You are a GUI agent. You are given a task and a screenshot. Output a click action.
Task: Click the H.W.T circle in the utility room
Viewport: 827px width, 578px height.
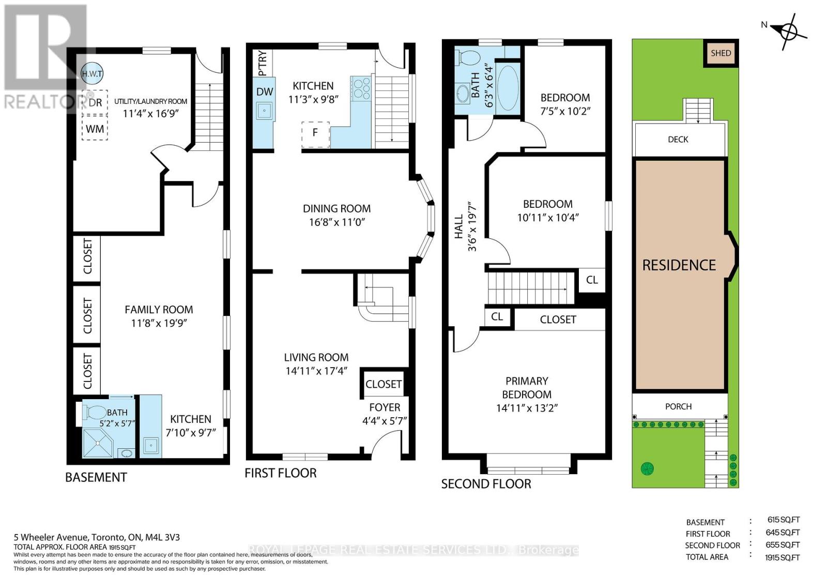point(92,74)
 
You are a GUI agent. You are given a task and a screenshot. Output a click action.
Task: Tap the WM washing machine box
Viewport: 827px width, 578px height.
point(95,128)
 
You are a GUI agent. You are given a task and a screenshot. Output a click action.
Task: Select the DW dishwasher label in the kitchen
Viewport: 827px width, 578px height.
point(265,92)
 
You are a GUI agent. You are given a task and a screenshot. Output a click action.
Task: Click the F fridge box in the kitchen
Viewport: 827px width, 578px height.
point(315,133)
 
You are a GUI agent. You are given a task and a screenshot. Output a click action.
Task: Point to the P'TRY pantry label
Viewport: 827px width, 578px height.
point(263,63)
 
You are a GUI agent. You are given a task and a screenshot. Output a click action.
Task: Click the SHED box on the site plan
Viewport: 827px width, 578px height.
point(721,53)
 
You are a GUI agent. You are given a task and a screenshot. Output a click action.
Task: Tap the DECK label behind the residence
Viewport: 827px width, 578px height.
point(678,140)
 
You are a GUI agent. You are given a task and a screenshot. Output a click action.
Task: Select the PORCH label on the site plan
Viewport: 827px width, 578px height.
point(678,407)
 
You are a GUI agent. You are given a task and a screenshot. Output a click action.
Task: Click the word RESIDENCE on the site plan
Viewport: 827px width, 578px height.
point(679,265)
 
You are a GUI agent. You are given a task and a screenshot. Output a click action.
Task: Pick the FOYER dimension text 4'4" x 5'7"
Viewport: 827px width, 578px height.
point(385,421)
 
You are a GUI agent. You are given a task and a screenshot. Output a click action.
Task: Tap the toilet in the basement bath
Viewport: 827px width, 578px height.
point(94,413)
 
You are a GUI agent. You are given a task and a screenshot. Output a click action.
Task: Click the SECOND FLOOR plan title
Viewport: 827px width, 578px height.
point(486,484)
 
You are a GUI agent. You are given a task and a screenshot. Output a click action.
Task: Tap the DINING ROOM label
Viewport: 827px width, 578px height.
point(336,209)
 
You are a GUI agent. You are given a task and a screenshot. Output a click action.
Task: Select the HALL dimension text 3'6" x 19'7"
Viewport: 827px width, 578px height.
point(472,226)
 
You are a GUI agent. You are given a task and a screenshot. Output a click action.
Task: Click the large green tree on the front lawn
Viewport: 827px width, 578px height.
point(647,468)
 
